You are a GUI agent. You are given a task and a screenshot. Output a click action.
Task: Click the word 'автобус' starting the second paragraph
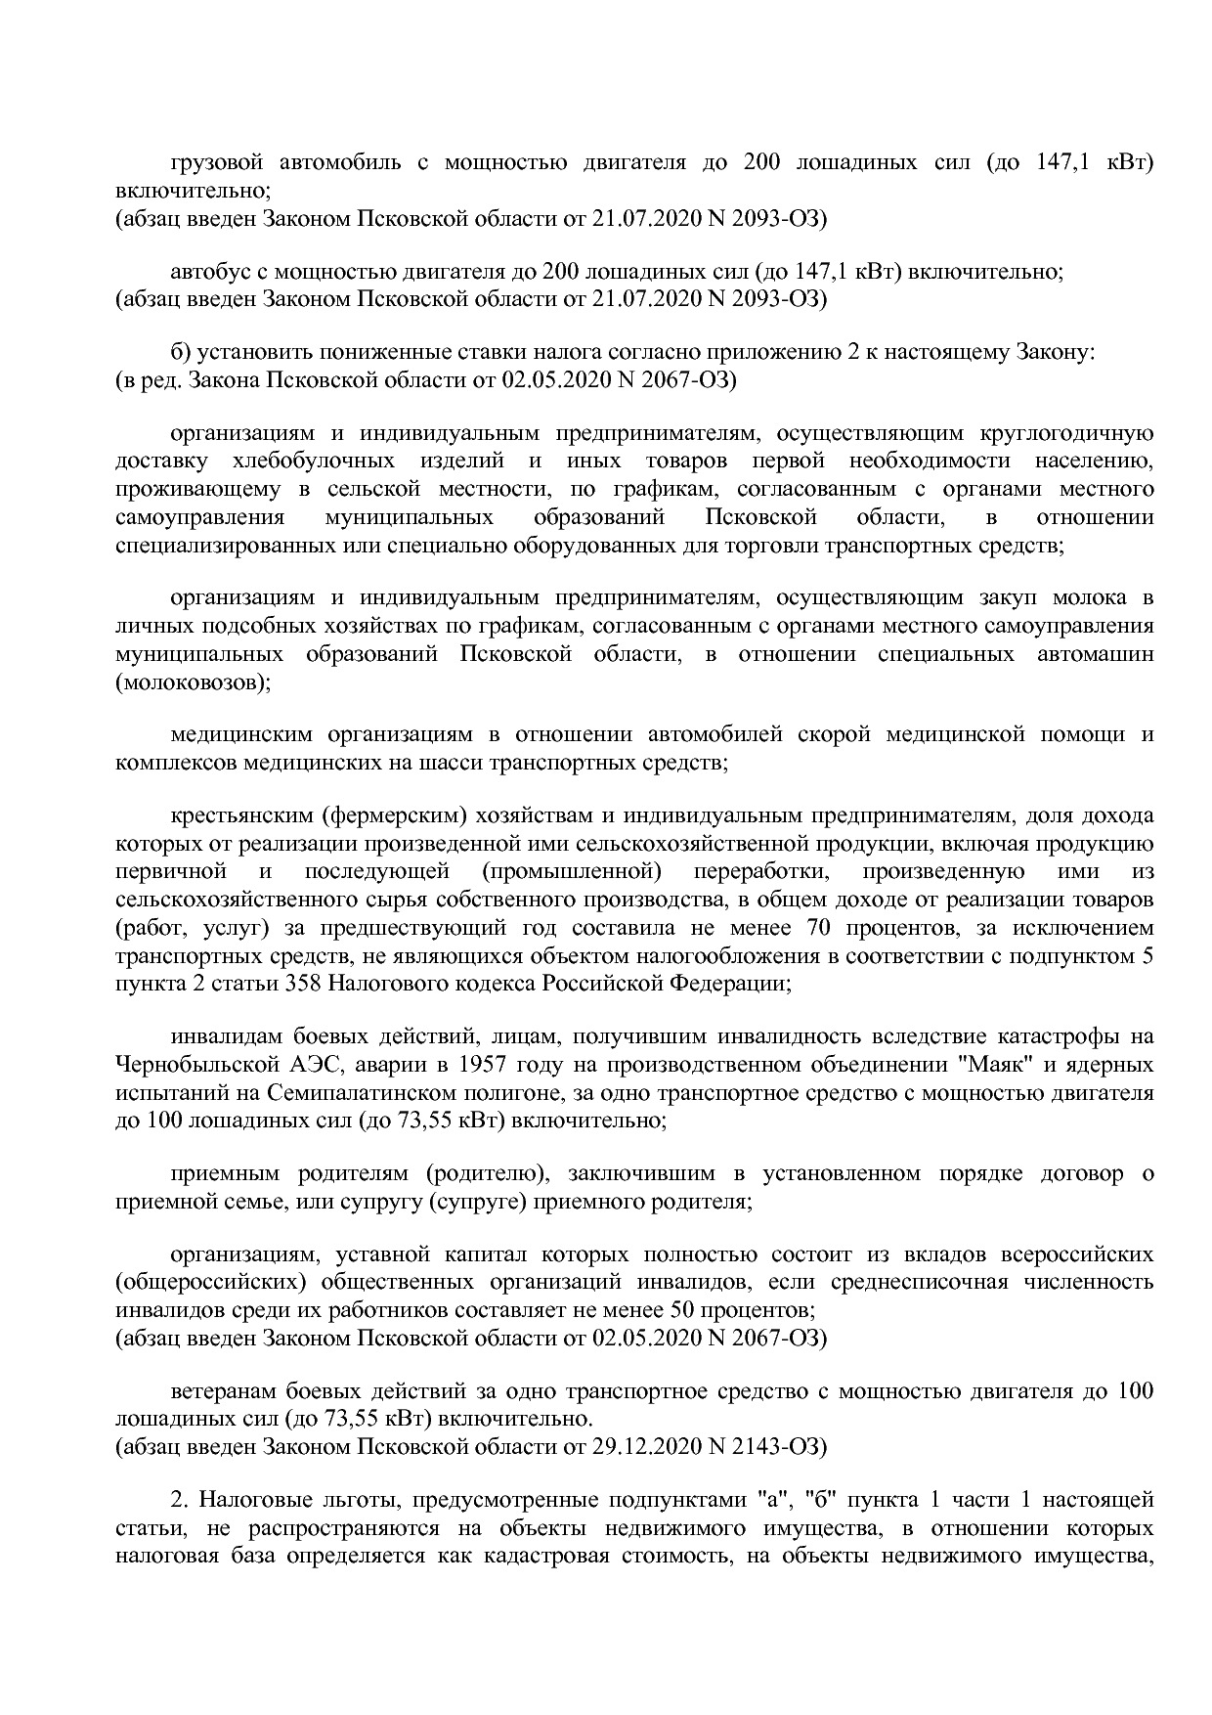tap(206, 272)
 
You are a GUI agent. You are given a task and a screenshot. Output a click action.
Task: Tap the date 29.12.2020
tap(640, 1445)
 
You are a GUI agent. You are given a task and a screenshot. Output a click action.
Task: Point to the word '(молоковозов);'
tap(193, 682)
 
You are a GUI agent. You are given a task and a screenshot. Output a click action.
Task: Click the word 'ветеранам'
tap(222, 1390)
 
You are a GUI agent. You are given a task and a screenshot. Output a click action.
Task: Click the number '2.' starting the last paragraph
tap(179, 1500)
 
